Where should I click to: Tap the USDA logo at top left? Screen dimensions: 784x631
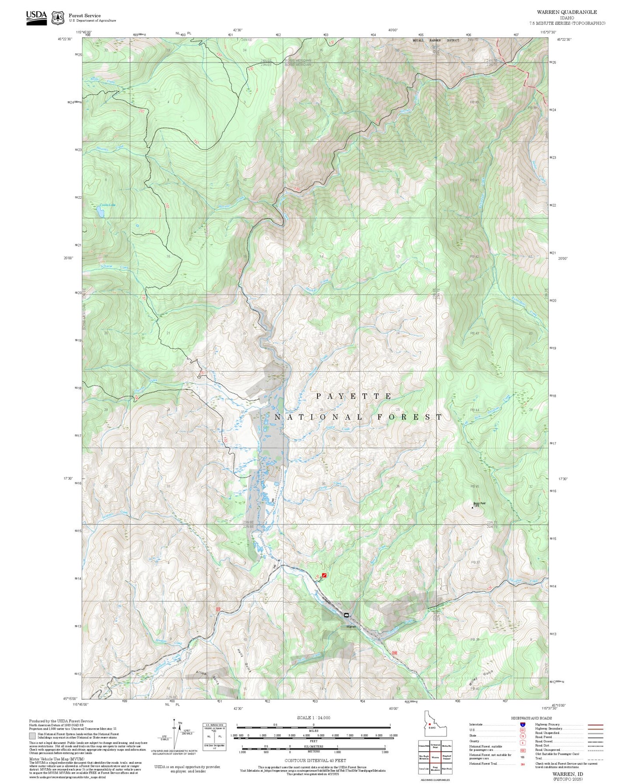pos(36,17)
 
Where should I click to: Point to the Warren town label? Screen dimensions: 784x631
pos(351,626)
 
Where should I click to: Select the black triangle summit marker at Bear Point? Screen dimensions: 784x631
pos(472,508)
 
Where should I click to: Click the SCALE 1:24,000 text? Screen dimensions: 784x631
pos(314,718)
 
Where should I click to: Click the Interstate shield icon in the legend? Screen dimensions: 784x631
pos(523,725)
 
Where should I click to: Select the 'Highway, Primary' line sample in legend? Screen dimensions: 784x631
pos(596,725)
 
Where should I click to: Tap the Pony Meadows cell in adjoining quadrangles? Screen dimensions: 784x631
pos(435,768)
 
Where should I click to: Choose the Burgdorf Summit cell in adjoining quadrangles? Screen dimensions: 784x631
pos(446,757)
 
